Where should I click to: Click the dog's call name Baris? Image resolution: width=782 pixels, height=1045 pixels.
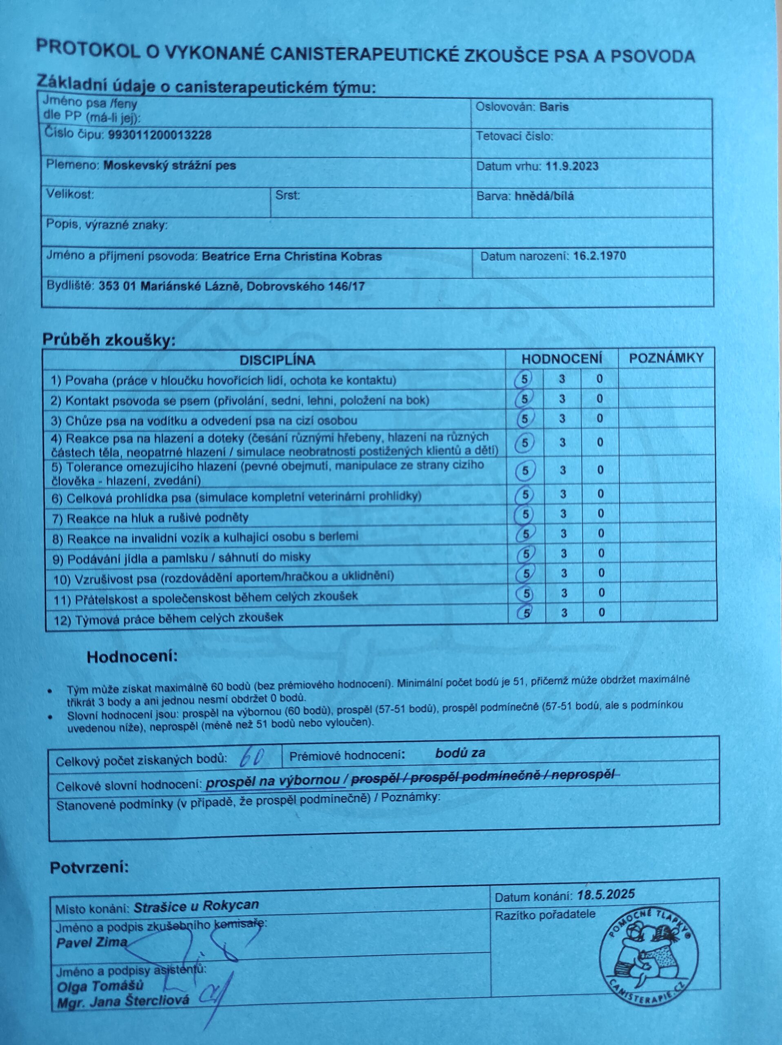pyautogui.click(x=554, y=107)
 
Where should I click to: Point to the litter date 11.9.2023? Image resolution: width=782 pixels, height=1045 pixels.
pyautogui.click(x=572, y=166)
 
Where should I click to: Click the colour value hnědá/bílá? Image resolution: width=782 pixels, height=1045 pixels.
pyautogui.click(x=544, y=196)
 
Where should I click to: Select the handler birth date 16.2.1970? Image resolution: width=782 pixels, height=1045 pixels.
pyautogui.click(x=600, y=256)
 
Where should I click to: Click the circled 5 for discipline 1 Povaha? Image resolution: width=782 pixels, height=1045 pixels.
pyautogui.click(x=524, y=379)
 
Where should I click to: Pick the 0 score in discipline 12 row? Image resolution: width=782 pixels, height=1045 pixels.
pyautogui.click(x=602, y=612)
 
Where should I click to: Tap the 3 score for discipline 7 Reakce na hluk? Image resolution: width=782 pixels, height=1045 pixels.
pyautogui.click(x=563, y=514)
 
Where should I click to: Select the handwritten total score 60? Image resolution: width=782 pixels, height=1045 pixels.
pyautogui.click(x=251, y=758)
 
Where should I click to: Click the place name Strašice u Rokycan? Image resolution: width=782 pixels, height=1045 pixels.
pyautogui.click(x=196, y=906)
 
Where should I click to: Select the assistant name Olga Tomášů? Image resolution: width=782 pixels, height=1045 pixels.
pyautogui.click(x=100, y=986)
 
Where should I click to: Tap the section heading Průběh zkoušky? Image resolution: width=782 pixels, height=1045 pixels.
pyautogui.click(x=109, y=340)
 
